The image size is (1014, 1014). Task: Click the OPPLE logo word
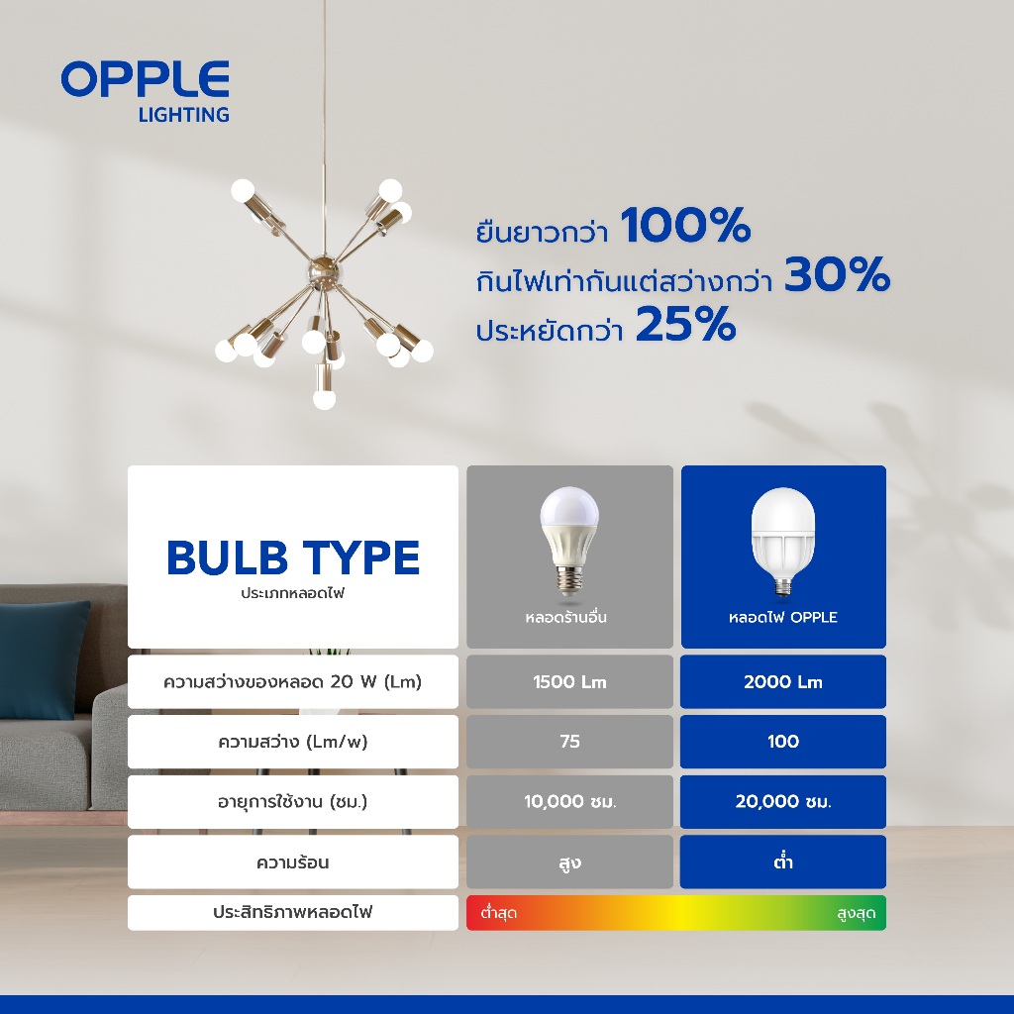146,79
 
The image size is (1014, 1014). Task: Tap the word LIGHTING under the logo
184,115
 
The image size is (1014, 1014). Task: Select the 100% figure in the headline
685,225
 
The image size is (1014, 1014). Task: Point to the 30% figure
838,275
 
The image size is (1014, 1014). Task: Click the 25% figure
686,324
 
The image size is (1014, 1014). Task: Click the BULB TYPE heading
293,558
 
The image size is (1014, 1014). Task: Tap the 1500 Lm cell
569,681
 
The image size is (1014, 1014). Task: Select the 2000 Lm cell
783,681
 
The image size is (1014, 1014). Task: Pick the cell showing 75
569,741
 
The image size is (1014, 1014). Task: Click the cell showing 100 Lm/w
783,741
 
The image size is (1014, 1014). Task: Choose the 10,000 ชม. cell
569,802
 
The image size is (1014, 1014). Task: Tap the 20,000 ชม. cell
783,802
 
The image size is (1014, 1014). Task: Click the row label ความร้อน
293,862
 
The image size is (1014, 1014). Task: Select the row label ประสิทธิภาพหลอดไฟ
293,912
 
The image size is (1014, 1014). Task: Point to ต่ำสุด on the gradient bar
499,913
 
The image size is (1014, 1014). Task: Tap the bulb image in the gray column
569,541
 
